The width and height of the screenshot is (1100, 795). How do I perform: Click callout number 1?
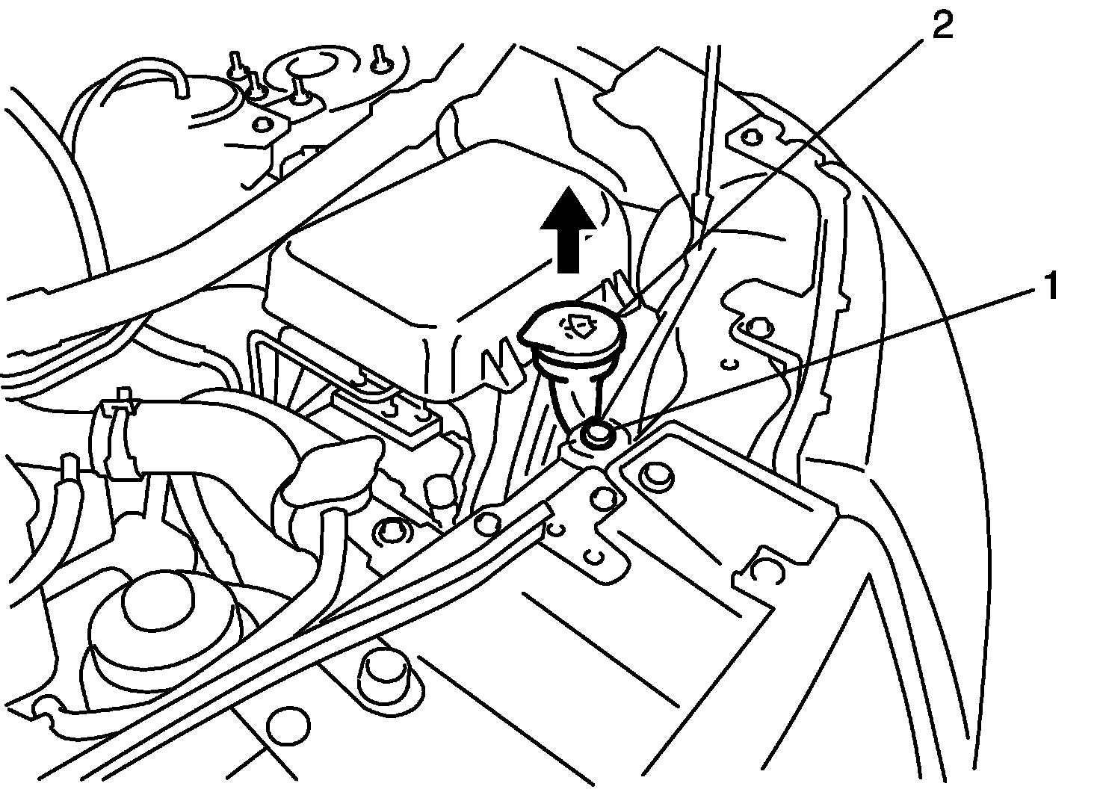[x=1051, y=286]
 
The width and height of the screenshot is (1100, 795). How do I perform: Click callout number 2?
[x=942, y=27]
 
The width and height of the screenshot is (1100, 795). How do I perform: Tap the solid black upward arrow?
[x=569, y=229]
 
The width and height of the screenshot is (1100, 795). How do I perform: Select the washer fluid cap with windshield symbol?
[x=571, y=332]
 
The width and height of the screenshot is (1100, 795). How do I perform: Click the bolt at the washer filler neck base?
[x=597, y=433]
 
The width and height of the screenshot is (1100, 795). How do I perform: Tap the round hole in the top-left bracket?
[x=261, y=123]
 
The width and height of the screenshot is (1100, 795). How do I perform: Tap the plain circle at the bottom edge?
[x=290, y=725]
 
